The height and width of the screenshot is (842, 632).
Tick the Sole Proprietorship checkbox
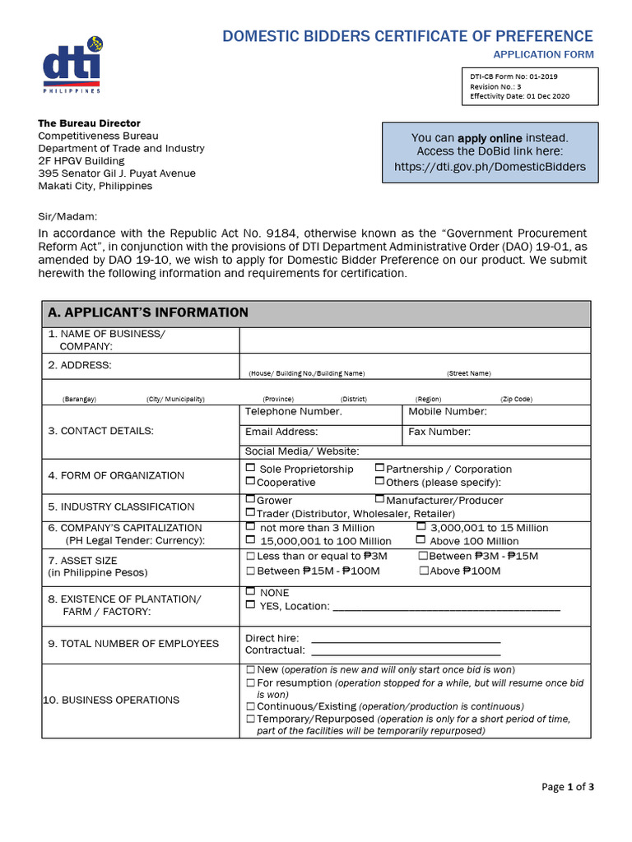pyautogui.click(x=251, y=468)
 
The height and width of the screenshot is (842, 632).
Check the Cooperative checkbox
pyautogui.click(x=250, y=482)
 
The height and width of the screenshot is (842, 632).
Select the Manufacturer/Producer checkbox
pyautogui.click(x=380, y=499)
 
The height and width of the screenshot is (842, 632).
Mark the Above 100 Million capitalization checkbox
pyautogui.click(x=421, y=540)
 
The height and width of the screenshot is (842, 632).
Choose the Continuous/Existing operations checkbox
pyautogui.click(x=251, y=706)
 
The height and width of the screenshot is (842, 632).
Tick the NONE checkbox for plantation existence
pyautogui.click(x=250, y=592)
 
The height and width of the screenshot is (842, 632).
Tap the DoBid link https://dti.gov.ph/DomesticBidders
pyautogui.click(x=490, y=166)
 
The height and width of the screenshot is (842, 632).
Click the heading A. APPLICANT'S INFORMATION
pyautogui.click(x=148, y=312)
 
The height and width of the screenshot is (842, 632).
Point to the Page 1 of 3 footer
pyautogui.click(x=567, y=787)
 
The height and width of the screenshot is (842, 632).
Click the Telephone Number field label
pyautogui.click(x=293, y=411)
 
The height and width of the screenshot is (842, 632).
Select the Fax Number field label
pyautogui.click(x=439, y=432)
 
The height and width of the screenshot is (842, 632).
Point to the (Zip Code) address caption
pyautogui.click(x=516, y=399)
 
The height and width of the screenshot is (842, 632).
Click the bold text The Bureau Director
pyautogui.click(x=90, y=123)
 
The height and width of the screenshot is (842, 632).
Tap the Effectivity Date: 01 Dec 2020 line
pyautogui.click(x=519, y=96)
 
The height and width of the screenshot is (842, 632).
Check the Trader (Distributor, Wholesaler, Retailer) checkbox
pyautogui.click(x=250, y=512)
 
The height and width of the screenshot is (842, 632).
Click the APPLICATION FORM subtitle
pyautogui.click(x=542, y=54)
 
